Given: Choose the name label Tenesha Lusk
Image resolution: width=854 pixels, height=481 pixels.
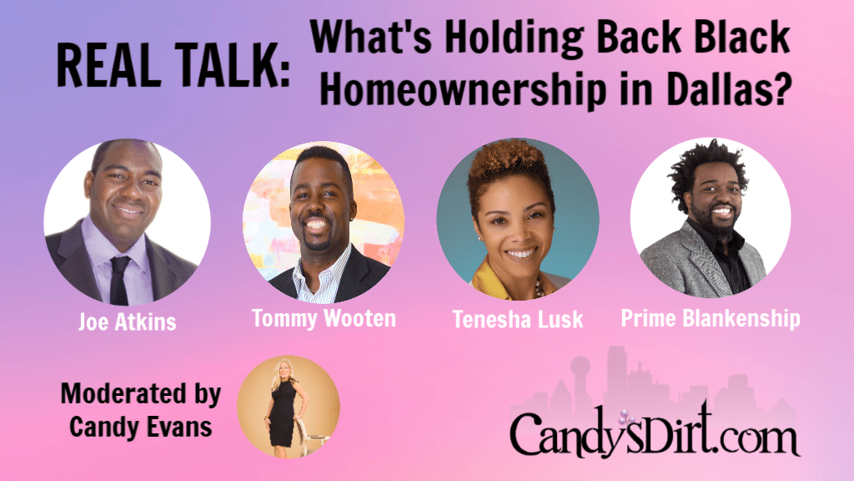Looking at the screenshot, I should click(x=516, y=321).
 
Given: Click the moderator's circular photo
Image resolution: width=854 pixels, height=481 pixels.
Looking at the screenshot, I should click(x=288, y=406).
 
